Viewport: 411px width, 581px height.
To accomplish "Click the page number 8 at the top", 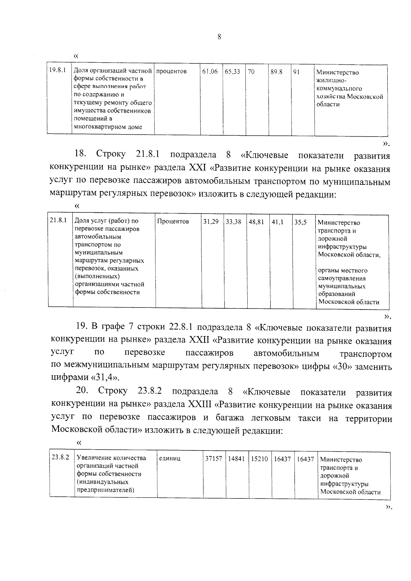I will point(219,37).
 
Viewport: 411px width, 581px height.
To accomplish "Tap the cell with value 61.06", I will point(210,72).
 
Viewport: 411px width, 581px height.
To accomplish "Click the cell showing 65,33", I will point(233,72).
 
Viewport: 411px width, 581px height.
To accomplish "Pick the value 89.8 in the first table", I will point(276,72).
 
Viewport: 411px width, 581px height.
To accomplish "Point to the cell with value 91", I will point(296,72).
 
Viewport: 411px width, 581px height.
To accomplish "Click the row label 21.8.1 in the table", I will point(58,220).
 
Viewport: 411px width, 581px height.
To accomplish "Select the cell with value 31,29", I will point(211,222).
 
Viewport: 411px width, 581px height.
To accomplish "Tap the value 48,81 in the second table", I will point(256,222).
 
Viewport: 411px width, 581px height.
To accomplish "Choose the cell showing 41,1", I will point(277,222).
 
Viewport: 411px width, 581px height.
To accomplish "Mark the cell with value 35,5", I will point(300,222).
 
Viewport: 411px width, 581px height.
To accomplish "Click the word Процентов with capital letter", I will point(173,222).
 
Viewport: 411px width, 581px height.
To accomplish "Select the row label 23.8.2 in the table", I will point(61,457).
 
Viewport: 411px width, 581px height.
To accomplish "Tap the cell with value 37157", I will point(213,459).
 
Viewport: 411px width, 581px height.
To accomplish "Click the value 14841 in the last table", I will point(236,459).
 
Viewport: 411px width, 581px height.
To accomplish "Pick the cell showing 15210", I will point(259,459).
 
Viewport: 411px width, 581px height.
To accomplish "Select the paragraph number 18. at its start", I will point(80,154).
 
